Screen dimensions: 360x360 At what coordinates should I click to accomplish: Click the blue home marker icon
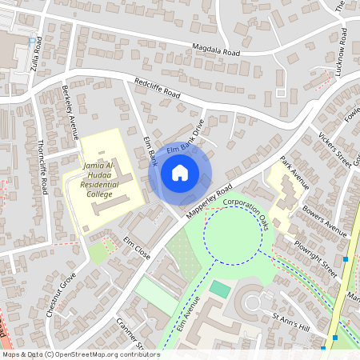pyautogui.click(x=180, y=173)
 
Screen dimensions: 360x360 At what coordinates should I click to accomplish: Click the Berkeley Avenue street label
pyautogui.click(x=70, y=112)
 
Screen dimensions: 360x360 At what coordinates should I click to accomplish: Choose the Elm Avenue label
pyautogui.click(x=186, y=313)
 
